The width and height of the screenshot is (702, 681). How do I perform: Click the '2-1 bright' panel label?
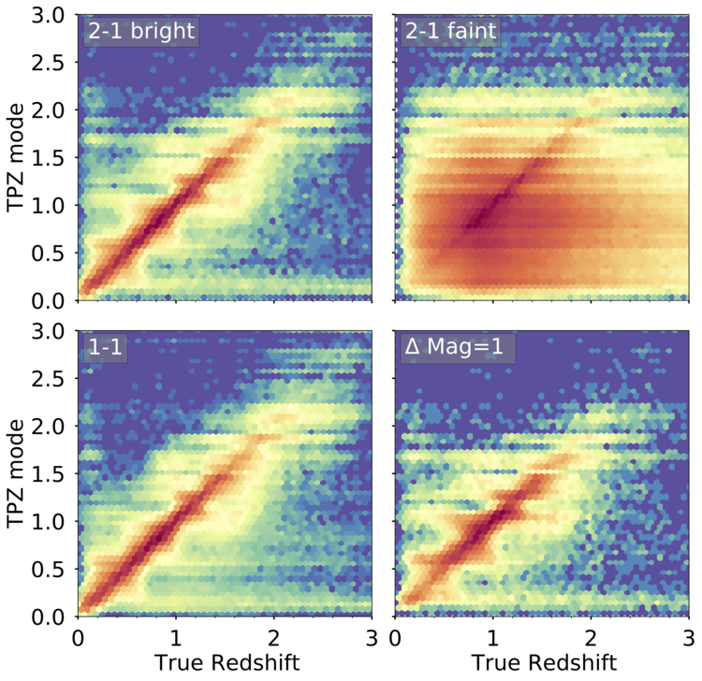coord(141,31)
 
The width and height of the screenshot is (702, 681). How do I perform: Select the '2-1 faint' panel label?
coord(450,31)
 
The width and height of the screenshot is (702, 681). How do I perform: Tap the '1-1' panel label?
coord(105,347)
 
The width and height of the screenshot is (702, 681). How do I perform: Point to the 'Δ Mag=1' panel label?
coord(454,346)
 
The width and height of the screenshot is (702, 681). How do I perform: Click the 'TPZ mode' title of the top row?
coord(15,157)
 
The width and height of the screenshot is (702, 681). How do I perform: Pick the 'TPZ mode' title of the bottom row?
coord(15,473)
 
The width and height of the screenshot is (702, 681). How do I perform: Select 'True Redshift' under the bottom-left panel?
coord(227,662)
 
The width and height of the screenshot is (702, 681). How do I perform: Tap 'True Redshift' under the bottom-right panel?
coord(544,662)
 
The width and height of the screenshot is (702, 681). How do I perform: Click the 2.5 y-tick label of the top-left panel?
coord(49,62)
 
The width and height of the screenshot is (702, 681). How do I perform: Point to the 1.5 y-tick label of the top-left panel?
coord(49,158)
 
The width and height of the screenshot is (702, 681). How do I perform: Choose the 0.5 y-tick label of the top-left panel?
coord(49,254)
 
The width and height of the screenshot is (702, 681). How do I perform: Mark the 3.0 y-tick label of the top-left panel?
coord(49,15)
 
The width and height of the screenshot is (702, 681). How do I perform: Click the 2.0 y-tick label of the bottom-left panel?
coord(49,427)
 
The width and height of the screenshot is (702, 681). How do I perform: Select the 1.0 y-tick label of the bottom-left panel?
coord(49,522)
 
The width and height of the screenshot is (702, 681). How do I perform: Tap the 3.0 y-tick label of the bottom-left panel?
coord(49,331)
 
